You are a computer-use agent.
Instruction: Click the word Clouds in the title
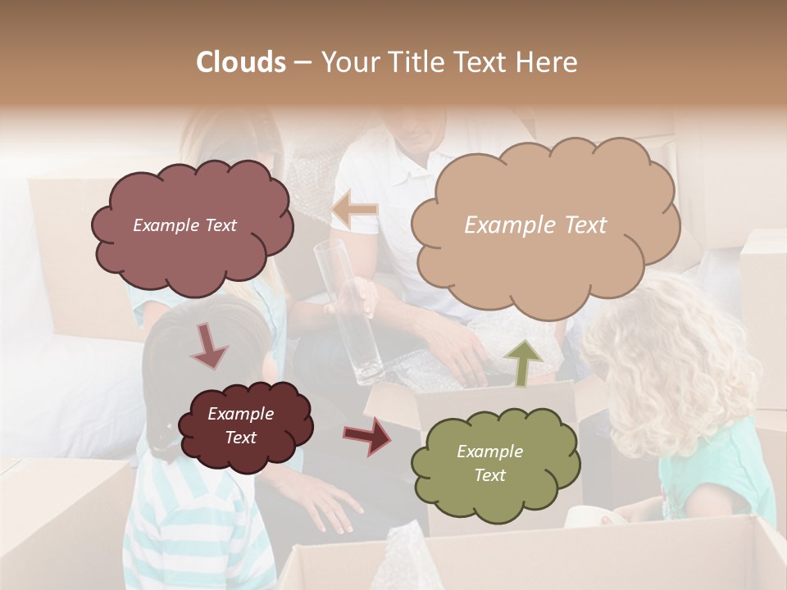click(x=240, y=62)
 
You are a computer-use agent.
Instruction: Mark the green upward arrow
click(x=524, y=361)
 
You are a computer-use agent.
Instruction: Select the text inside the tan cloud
click(x=535, y=225)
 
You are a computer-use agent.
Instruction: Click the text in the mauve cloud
click(x=184, y=225)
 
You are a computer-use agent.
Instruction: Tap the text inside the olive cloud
click(x=489, y=463)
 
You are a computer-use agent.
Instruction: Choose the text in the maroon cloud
click(x=240, y=425)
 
